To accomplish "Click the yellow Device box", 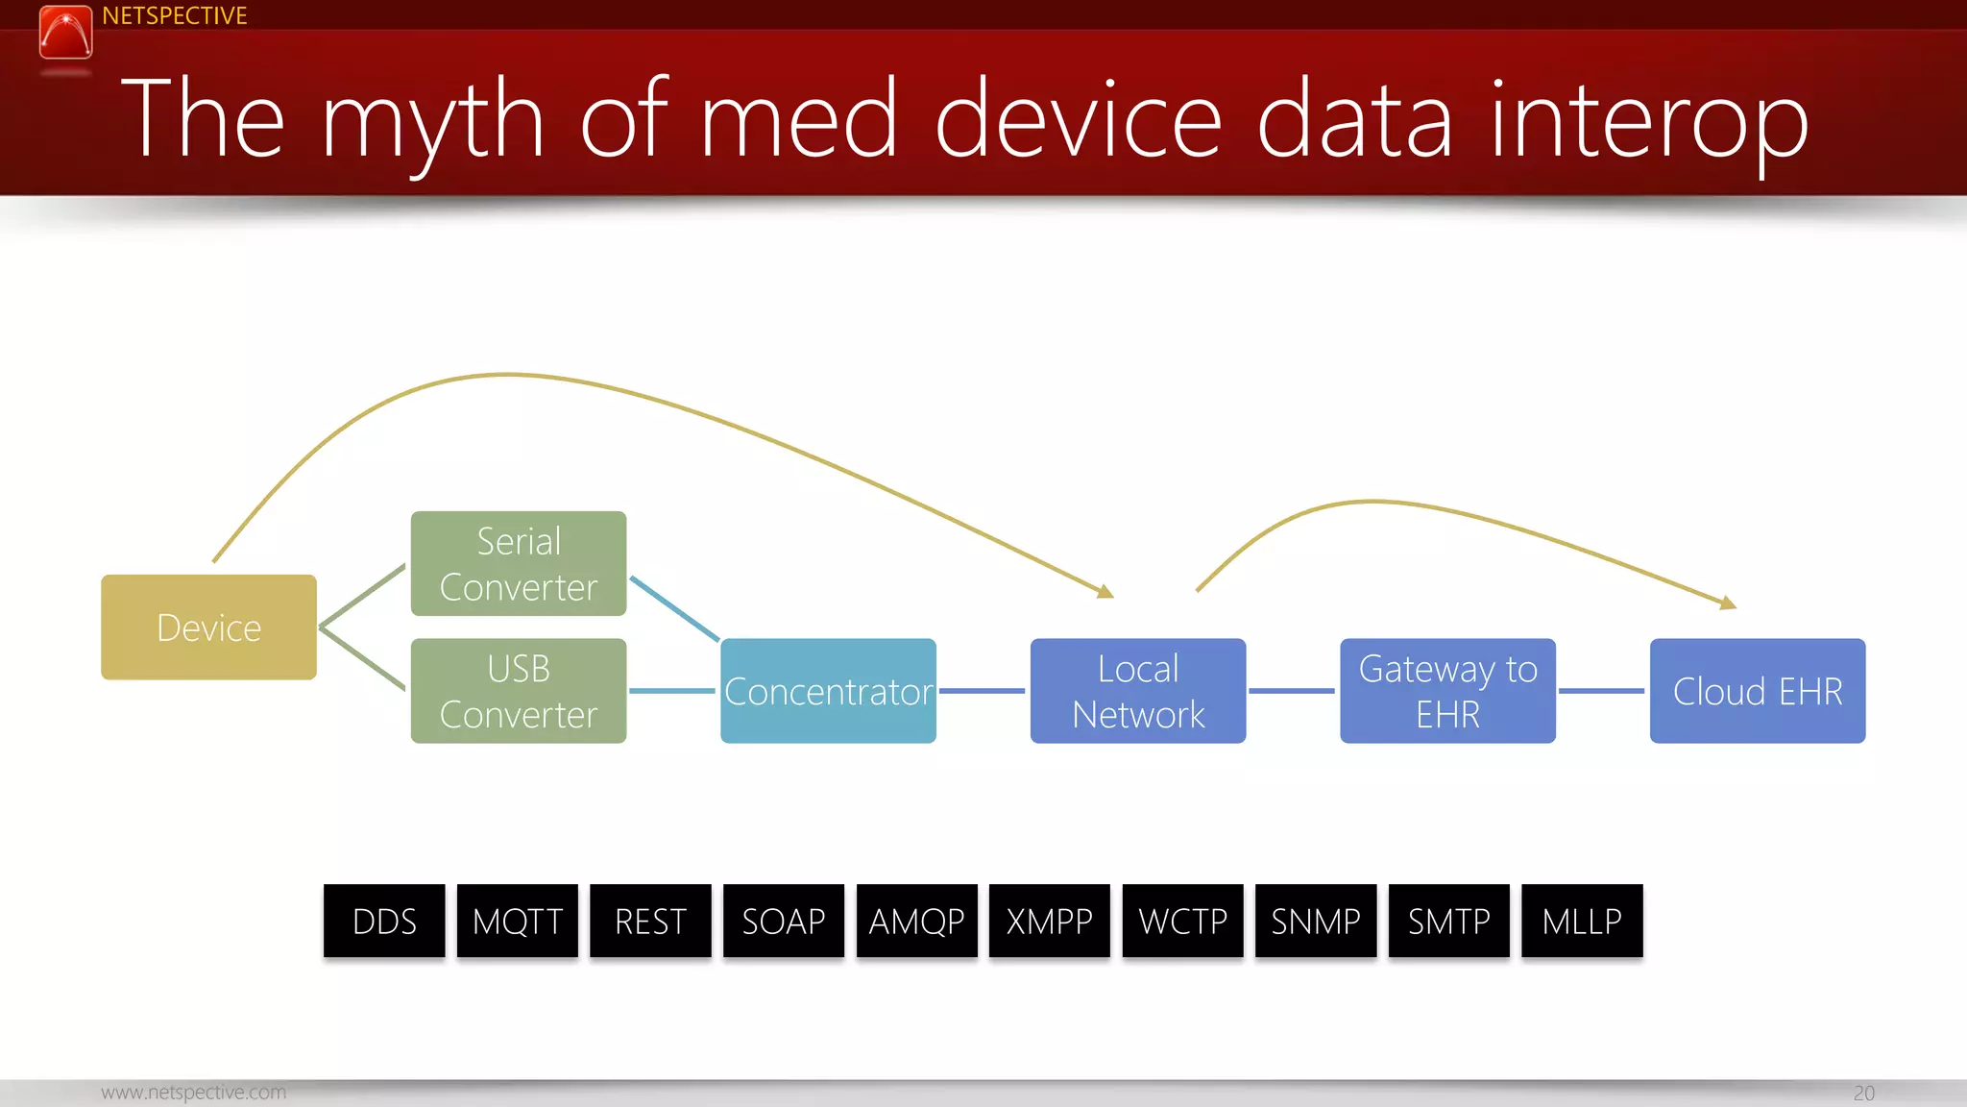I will (x=208, y=627).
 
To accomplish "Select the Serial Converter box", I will (x=519, y=564).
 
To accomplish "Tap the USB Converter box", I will (x=519, y=691).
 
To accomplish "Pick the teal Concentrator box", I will (x=828, y=691).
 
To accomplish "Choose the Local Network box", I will (x=1138, y=691).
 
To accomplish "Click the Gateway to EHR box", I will (x=1447, y=691).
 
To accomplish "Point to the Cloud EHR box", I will (x=1758, y=691).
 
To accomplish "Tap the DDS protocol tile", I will (x=384, y=921).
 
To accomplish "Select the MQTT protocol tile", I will (x=518, y=921).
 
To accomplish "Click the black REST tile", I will (x=650, y=921).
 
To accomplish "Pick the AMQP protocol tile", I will (x=916, y=921).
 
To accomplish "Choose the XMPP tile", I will (x=1050, y=921).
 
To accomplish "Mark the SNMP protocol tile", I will (x=1316, y=921).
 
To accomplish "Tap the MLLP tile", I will (x=1582, y=921).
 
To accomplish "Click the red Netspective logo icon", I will (x=65, y=33).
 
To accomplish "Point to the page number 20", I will (x=1863, y=1093).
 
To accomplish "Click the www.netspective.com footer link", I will (x=193, y=1093).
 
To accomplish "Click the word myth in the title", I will (x=432, y=120).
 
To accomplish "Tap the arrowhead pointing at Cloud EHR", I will (x=1728, y=603).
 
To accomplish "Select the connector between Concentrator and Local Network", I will (x=983, y=691).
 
